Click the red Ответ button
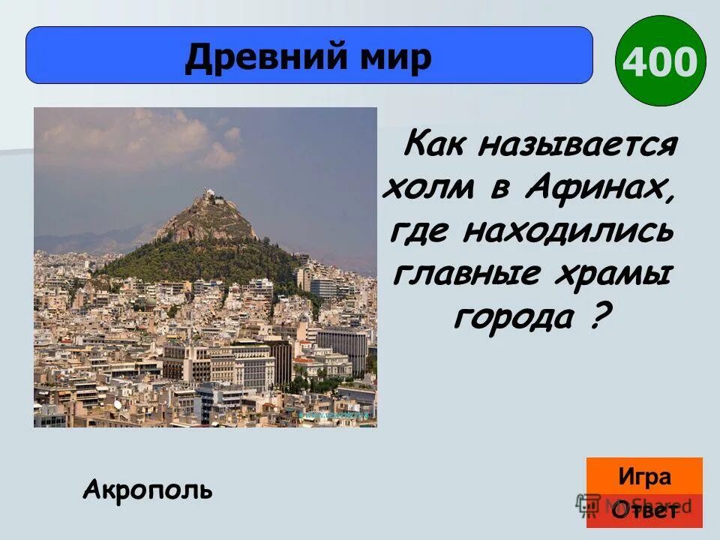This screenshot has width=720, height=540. pyautogui.click(x=644, y=511)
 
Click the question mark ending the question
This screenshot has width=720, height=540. pyautogui.click(x=594, y=317)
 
